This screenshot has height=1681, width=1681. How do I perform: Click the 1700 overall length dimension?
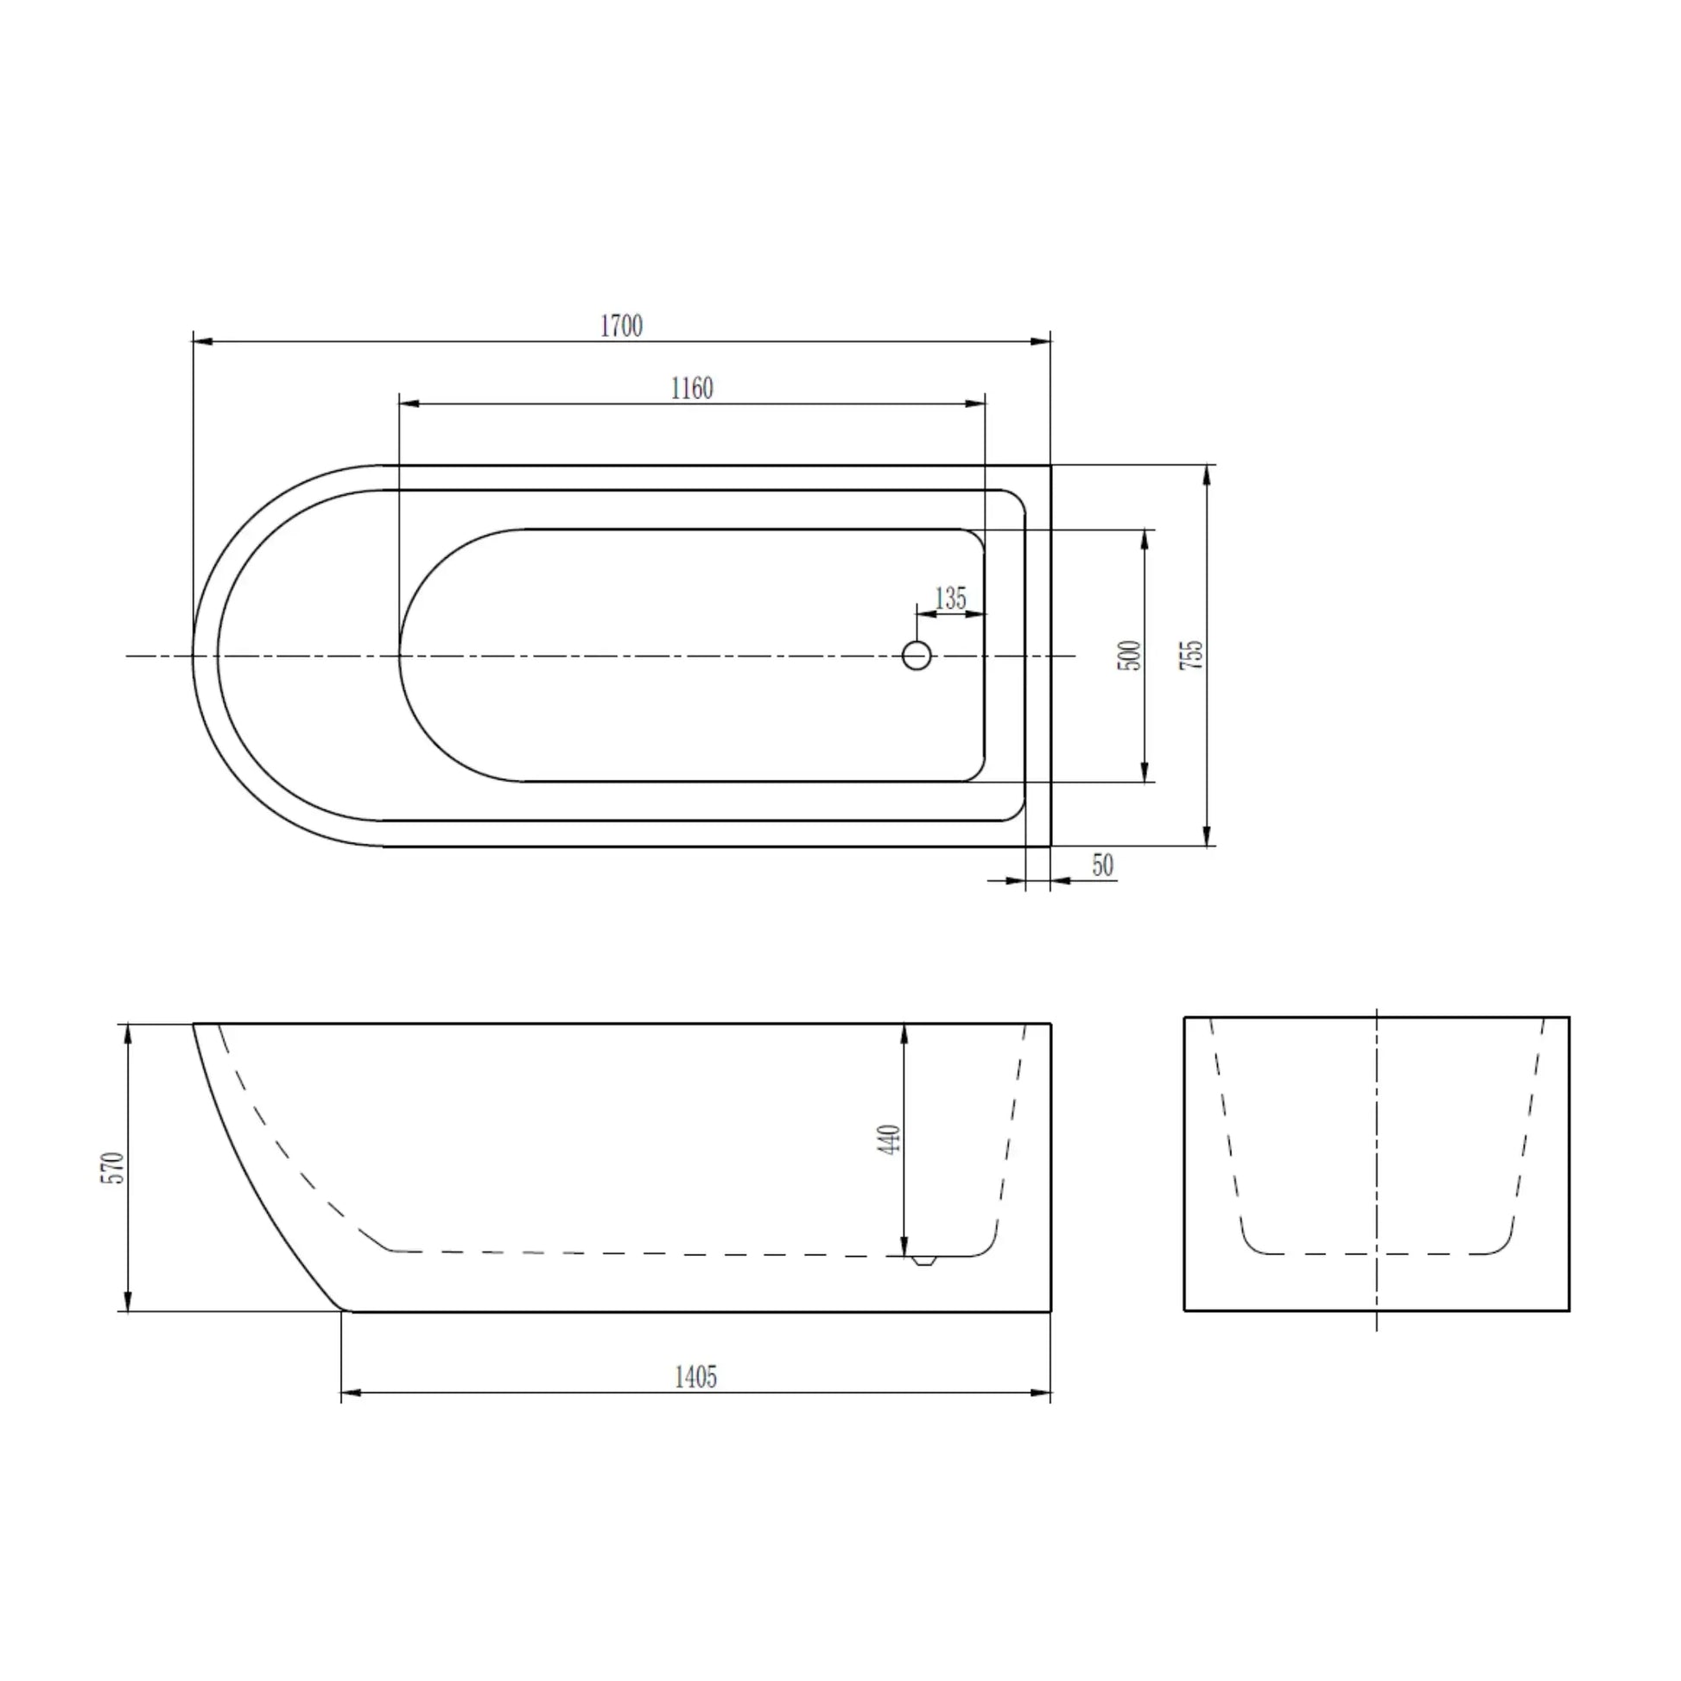621,327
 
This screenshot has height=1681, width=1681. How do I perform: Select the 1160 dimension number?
692,388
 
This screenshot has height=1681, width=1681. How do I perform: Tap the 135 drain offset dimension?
950,599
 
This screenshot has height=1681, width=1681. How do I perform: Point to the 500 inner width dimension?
1128,655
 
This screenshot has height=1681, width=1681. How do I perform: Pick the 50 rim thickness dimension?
1102,866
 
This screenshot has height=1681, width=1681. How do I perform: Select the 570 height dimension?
114,1168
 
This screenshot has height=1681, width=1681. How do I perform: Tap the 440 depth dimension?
889,1139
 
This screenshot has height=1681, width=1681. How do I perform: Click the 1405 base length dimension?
695,1377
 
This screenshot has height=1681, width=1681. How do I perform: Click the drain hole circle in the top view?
917,655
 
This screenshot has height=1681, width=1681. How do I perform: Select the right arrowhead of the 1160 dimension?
976,403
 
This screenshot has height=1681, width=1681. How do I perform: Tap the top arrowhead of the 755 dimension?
1207,475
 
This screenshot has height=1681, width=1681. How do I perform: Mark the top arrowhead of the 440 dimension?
905,1034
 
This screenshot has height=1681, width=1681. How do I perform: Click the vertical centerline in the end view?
1376,1166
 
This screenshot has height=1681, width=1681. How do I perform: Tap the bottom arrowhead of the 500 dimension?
1145,772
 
